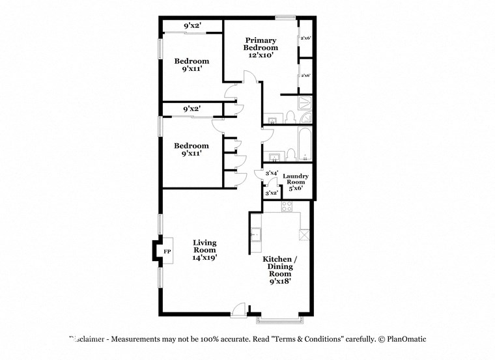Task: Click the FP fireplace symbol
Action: [167, 251]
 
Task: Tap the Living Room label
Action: [205, 246]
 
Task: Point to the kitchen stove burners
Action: [287, 206]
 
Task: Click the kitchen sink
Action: [256, 234]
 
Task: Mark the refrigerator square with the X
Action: [304, 234]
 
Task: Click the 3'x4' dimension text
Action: [272, 173]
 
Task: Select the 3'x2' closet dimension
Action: [272, 193]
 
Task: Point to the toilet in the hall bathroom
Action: [291, 154]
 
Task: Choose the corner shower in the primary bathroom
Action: [305, 102]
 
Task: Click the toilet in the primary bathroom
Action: [290, 117]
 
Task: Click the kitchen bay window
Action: [279, 320]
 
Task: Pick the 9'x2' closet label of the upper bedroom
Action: [191, 25]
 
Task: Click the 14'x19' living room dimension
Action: [205, 257]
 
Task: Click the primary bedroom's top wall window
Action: [285, 17]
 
